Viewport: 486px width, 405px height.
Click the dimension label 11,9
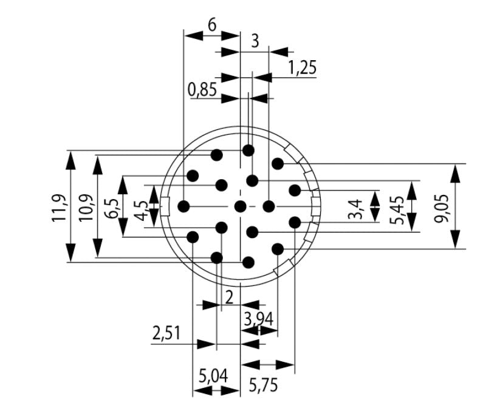(x=59, y=206)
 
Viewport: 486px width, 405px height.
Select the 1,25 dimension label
(x=302, y=67)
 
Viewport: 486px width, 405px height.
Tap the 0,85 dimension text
(x=202, y=90)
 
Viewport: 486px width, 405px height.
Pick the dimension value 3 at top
(x=255, y=41)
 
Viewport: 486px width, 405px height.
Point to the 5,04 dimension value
(x=213, y=376)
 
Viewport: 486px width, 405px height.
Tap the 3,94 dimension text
(x=259, y=318)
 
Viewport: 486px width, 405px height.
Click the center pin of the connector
(x=241, y=206)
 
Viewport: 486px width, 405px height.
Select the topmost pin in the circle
(x=248, y=150)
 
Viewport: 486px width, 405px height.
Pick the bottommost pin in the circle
(x=248, y=262)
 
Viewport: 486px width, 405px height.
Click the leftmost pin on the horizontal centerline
(x=183, y=206)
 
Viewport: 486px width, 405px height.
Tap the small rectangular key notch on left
(x=164, y=206)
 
